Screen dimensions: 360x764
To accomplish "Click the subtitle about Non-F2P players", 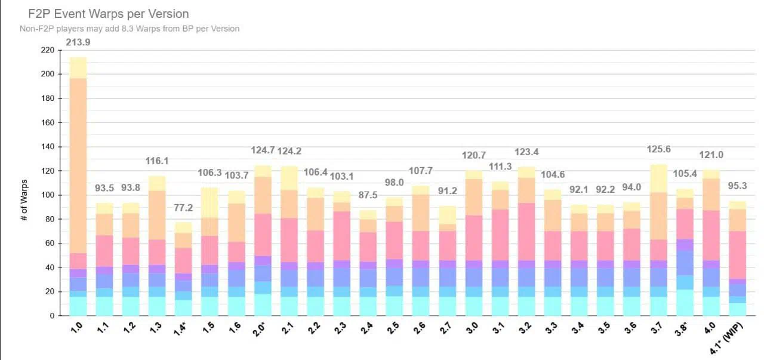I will tap(129, 28).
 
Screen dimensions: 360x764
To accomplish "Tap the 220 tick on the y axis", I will tap(47, 50).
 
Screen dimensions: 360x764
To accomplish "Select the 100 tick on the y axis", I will tap(47, 195).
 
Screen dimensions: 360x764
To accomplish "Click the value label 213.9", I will tap(78, 42).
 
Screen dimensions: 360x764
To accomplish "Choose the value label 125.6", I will tap(659, 150).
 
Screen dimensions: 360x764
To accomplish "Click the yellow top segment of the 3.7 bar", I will tap(659, 178).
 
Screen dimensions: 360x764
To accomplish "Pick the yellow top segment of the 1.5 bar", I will tap(209, 202).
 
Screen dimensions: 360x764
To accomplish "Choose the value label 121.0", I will tap(711, 155).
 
